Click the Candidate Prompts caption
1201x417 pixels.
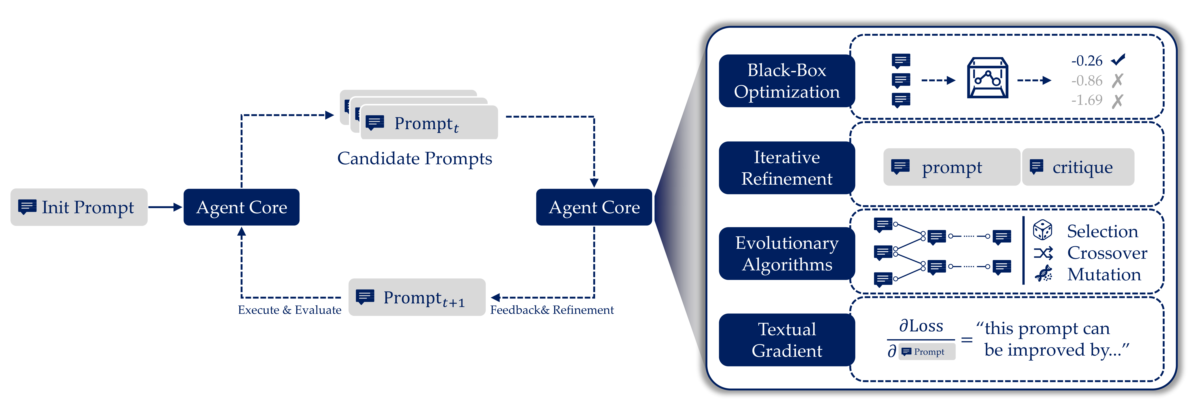(x=414, y=158)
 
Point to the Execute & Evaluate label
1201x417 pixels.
(x=290, y=310)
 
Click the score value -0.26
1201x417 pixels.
(x=1087, y=61)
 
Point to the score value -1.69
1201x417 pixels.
(x=1087, y=100)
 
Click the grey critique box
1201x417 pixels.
(x=1078, y=167)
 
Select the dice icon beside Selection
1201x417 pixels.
(x=1043, y=230)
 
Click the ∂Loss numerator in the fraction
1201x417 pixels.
(x=921, y=326)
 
